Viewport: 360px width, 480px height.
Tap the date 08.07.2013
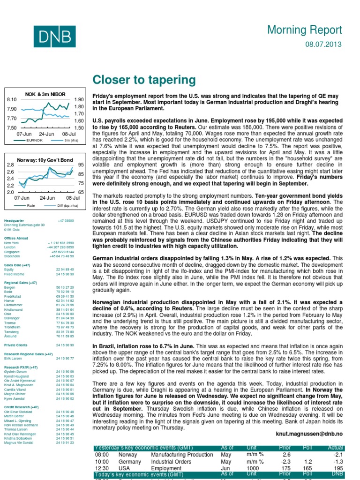[324, 45]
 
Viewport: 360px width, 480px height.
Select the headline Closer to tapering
[144, 80]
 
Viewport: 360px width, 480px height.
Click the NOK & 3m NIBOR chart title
[45, 94]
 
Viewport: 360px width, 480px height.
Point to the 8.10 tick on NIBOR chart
[12, 100]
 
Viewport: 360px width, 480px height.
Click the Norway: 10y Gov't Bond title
[45, 160]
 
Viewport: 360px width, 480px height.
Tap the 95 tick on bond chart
[81, 165]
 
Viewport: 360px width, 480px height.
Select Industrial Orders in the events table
[172, 462]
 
